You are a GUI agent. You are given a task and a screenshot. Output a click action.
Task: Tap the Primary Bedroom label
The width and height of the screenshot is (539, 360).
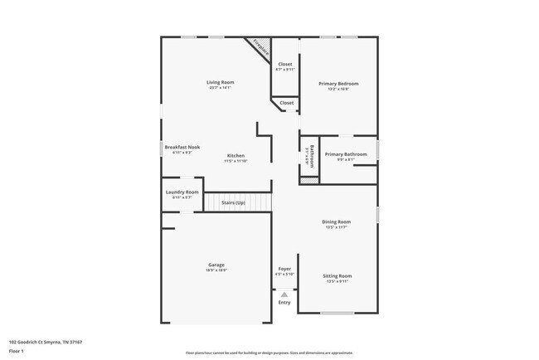pyautogui.click(x=338, y=84)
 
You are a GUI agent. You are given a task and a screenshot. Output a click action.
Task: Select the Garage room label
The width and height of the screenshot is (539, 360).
pyautogui.click(x=216, y=265)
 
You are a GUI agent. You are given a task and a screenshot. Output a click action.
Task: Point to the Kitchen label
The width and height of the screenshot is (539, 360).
pyautogui.click(x=236, y=155)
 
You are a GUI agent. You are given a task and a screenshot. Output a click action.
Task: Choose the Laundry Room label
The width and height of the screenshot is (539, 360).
pyautogui.click(x=182, y=192)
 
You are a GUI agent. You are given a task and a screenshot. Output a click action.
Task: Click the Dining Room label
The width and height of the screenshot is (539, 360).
pyautogui.click(x=337, y=221)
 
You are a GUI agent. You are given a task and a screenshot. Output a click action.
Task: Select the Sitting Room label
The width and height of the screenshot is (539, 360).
pyautogui.click(x=337, y=275)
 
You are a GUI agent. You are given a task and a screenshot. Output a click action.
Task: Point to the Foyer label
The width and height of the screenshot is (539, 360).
pyautogui.click(x=284, y=269)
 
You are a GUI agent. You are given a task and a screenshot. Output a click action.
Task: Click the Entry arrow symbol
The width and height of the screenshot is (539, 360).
pyautogui.click(x=284, y=294)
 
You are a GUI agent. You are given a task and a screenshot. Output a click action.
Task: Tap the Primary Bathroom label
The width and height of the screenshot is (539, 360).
pyautogui.click(x=346, y=154)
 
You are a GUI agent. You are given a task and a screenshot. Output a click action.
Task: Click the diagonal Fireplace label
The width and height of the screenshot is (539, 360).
pyautogui.click(x=260, y=48)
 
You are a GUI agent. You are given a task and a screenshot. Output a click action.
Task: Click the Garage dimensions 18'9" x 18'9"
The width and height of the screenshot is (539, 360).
pyautogui.click(x=216, y=270)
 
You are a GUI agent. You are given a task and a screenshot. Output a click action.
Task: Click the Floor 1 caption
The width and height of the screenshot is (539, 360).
pyautogui.click(x=17, y=350)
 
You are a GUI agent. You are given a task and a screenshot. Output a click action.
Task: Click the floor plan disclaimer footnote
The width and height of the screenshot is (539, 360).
pyautogui.click(x=269, y=353)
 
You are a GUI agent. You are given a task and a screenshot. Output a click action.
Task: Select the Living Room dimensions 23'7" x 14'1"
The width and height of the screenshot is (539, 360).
pyautogui.click(x=221, y=87)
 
